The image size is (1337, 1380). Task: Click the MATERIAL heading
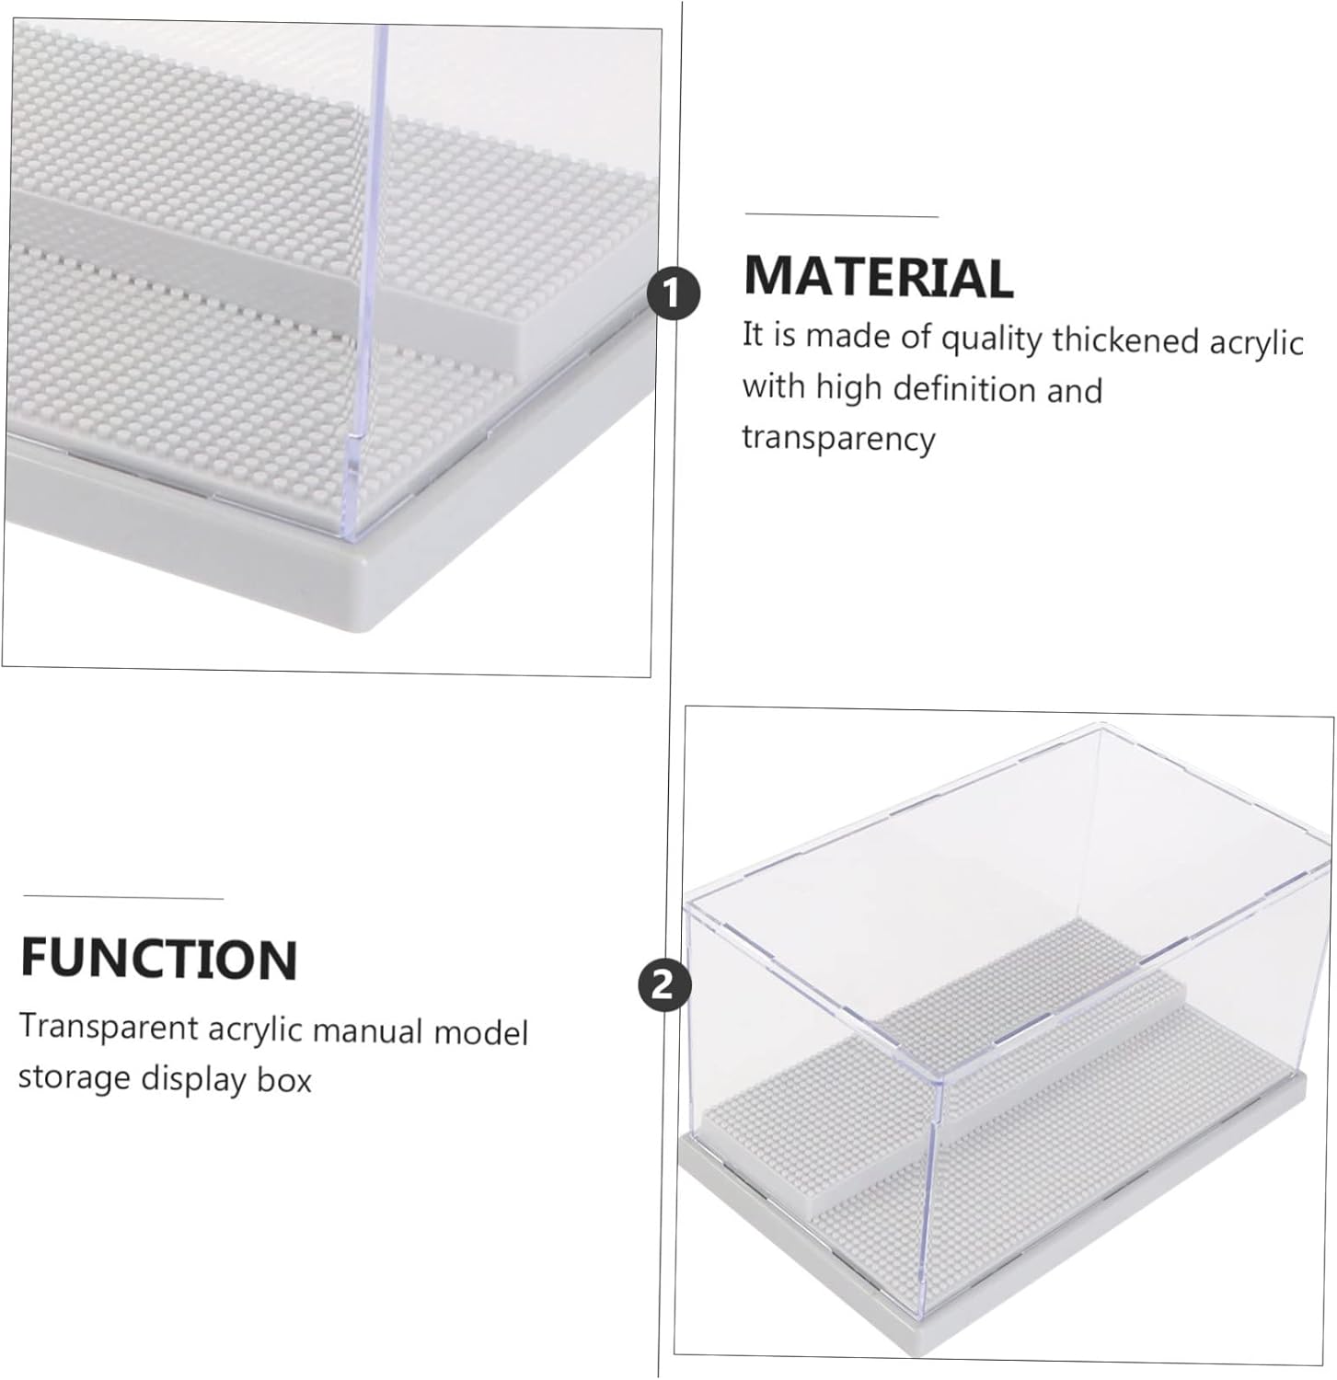pos(878,276)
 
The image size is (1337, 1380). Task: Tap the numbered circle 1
pos(673,293)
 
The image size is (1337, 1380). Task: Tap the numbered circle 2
pos(664,987)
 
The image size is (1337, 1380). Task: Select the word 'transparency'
pos(838,438)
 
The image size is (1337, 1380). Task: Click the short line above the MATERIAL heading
pos(841,215)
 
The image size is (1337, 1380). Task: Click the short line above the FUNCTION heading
pos(123,897)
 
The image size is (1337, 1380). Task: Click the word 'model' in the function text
pos(481,1031)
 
